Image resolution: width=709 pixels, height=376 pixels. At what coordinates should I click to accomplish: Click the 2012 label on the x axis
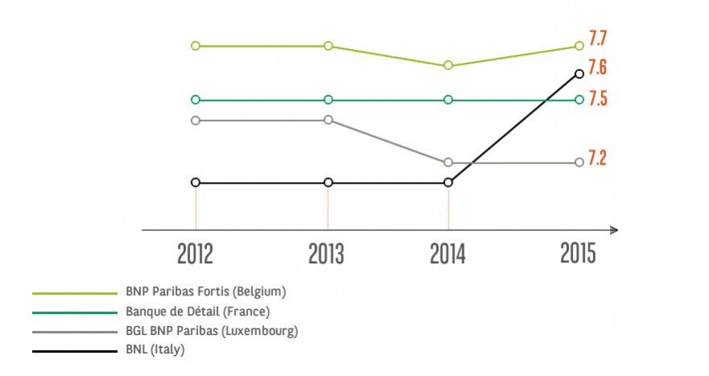coord(195,254)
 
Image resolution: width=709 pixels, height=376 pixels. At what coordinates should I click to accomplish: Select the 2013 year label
coord(326,254)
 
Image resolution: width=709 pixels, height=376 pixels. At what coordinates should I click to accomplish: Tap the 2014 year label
coord(448,254)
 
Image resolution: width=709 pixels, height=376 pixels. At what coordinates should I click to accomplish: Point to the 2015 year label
coord(578,253)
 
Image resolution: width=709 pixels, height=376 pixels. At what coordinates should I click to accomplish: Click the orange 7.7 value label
coord(597,39)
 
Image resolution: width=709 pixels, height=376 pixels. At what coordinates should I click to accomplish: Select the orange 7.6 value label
coord(597,67)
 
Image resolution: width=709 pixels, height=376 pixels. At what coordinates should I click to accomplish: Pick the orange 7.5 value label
coord(598,99)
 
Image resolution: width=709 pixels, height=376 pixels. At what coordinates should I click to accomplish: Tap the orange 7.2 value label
coord(597,158)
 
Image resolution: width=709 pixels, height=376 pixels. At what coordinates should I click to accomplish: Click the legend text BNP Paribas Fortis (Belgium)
coord(205,292)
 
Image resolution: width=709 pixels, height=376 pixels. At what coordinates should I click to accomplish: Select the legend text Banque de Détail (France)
coord(197,312)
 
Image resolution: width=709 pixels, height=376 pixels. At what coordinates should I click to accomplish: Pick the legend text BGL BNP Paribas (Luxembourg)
coord(212,331)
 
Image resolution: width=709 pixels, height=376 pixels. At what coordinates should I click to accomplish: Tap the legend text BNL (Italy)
coord(155,349)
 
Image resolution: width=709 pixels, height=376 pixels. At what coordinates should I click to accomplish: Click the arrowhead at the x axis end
coord(614,230)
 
